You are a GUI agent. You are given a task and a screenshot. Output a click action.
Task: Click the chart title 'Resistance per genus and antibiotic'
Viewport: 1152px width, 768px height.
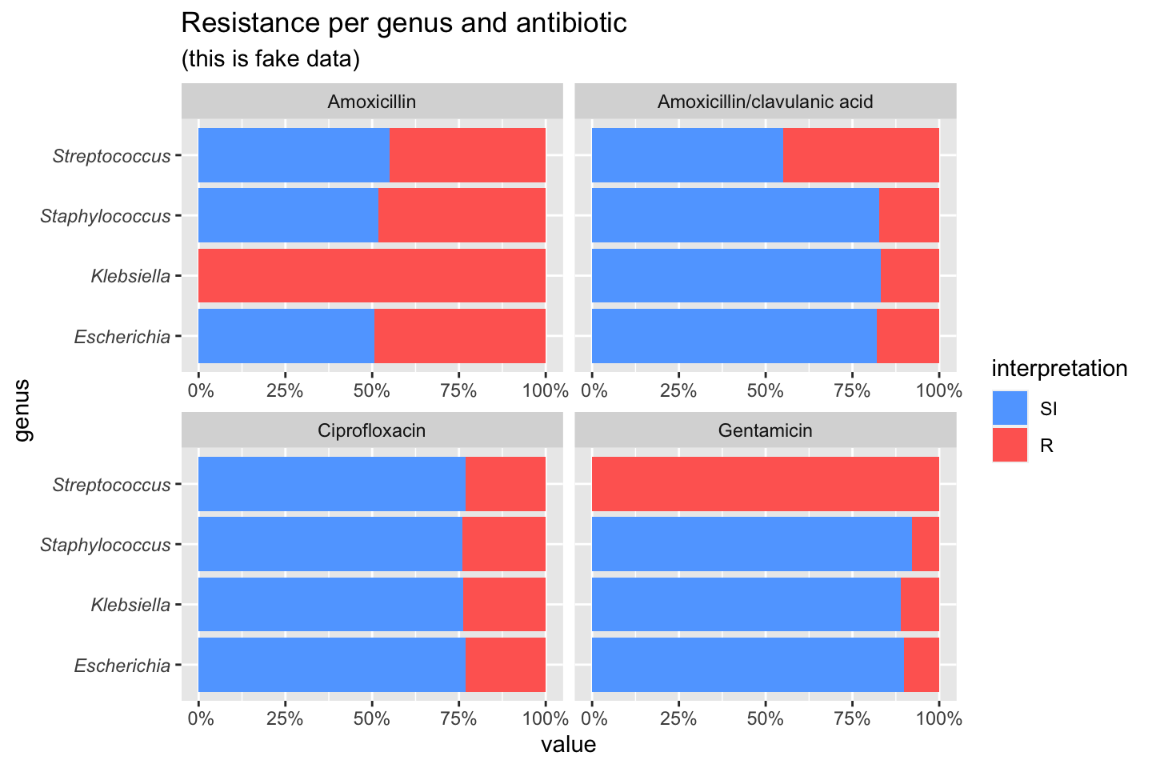404,23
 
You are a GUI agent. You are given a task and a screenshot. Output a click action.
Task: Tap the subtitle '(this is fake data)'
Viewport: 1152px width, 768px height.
270,59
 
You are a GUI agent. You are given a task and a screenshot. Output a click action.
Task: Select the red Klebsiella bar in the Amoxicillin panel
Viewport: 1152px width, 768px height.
372,276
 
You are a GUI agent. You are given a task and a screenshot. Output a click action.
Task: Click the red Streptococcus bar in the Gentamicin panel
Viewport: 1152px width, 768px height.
765,484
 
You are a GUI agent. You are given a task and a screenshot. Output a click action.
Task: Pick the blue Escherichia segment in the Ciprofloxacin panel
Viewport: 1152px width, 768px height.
331,665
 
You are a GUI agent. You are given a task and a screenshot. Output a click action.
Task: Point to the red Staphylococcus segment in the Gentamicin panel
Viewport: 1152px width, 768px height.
926,544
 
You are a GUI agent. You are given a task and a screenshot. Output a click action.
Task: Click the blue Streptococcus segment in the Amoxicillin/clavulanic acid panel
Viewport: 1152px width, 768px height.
687,155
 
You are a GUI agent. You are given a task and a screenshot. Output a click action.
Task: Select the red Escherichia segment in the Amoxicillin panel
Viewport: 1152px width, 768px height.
459,336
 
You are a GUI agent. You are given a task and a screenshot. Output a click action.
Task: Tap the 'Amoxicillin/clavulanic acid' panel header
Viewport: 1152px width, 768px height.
765,102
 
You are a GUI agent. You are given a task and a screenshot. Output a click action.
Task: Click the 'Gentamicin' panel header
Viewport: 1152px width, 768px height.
765,430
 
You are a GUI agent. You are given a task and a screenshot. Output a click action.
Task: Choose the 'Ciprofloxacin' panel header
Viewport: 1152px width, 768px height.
372,430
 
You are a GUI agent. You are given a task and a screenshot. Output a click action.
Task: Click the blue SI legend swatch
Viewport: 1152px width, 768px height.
1010,408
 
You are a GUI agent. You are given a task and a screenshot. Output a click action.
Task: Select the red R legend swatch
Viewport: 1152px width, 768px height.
1010,445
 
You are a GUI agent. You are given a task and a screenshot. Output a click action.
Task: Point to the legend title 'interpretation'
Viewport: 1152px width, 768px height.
1059,369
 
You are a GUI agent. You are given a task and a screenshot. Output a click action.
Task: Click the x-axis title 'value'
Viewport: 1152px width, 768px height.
568,745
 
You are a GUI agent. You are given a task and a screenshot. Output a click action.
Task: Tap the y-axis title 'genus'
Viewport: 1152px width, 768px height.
23,410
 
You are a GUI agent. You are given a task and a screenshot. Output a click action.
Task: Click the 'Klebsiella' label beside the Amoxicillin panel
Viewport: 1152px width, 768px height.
130,277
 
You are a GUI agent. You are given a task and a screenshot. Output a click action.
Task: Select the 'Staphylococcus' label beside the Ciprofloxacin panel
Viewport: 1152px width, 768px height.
106,546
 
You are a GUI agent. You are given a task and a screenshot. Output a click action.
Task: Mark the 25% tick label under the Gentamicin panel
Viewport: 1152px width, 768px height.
678,718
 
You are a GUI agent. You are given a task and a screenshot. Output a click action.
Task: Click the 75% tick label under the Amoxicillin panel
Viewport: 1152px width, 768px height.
458,390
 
